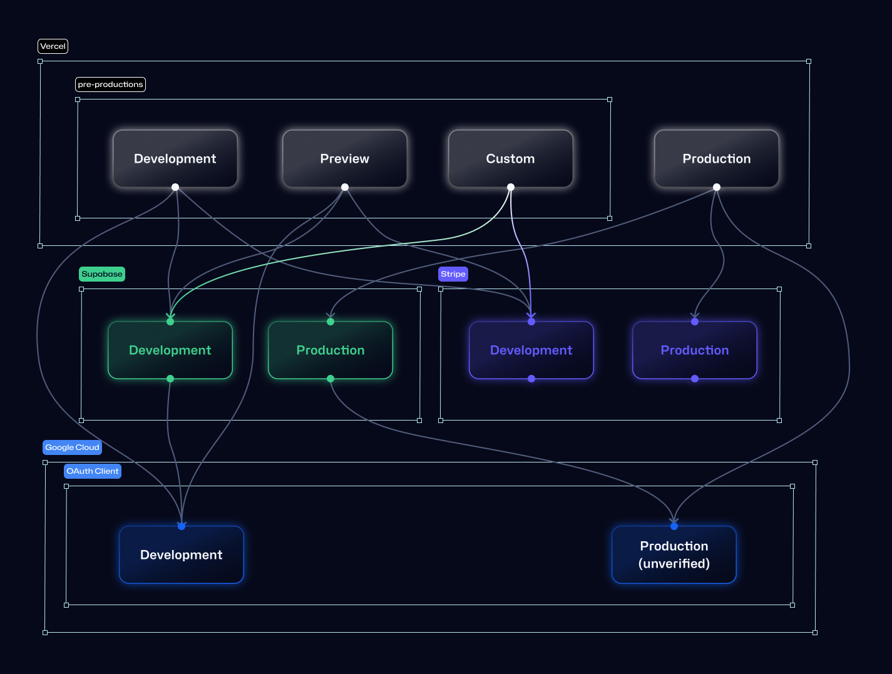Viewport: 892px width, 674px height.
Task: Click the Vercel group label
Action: coord(53,46)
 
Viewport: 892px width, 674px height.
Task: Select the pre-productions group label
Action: coord(110,84)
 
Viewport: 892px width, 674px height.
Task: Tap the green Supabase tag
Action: coord(102,274)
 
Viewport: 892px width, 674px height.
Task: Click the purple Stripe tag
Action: coord(453,274)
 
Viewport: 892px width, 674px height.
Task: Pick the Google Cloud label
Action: coord(72,447)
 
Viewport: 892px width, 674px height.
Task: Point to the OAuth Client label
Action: coord(93,471)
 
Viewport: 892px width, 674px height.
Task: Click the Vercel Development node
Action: coord(175,158)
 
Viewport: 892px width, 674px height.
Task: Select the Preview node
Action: coord(345,158)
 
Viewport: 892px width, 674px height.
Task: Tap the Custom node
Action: coord(511,158)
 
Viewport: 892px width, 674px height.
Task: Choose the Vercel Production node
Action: coord(717,158)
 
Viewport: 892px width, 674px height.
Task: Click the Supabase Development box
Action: coord(170,350)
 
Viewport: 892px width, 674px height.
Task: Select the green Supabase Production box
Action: coord(331,350)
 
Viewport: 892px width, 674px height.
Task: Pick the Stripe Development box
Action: coord(531,350)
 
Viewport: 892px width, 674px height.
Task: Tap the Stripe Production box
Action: coord(695,350)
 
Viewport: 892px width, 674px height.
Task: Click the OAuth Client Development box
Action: coord(182,555)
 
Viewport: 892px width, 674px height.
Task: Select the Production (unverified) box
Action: coord(674,555)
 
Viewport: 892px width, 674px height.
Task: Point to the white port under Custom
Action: coord(511,187)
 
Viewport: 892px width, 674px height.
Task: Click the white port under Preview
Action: coord(345,187)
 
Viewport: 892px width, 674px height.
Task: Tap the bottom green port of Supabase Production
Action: coord(331,379)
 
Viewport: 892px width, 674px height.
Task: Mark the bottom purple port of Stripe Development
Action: coord(531,379)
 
